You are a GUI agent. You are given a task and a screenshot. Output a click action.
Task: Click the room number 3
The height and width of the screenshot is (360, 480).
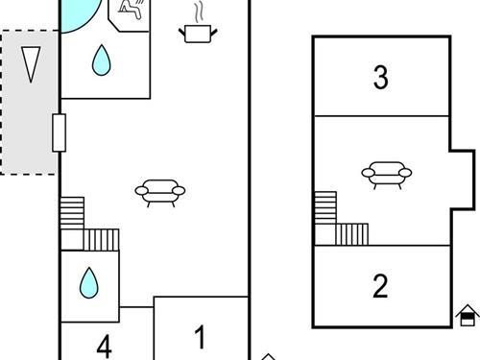coord(381,77)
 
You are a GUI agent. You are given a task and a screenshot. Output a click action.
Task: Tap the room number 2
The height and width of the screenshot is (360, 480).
coord(380,286)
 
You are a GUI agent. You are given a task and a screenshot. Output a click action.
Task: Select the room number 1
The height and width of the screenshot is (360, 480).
coord(200,337)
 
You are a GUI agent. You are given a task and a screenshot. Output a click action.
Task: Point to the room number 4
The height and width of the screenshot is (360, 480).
coord(105,347)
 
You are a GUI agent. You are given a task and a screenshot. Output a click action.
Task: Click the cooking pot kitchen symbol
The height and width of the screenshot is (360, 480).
coord(198,34)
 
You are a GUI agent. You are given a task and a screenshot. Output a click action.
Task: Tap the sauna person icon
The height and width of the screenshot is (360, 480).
coord(131,9)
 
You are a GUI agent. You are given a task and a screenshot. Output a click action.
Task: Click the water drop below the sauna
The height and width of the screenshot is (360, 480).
coord(102,60)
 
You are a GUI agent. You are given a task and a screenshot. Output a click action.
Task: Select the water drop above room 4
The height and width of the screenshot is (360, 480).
coord(89,283)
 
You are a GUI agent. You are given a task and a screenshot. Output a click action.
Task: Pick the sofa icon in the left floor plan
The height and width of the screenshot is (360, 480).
coord(160,193)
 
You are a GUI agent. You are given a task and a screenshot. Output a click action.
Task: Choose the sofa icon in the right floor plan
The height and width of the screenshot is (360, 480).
coord(387,175)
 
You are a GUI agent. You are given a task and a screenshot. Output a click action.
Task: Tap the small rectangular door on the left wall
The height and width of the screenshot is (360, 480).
coord(60,132)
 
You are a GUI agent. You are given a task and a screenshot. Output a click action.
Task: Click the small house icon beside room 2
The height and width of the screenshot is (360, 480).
coord(468,315)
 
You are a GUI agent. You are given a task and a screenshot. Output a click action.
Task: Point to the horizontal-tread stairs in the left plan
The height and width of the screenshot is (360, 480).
coord(72,213)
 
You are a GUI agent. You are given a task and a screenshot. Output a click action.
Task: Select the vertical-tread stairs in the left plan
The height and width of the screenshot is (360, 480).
coord(101,240)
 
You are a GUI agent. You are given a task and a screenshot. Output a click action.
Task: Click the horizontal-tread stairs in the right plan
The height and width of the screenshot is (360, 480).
coord(325,207)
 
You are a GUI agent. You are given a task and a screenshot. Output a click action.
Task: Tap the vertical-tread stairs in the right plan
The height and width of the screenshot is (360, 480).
coord(352,234)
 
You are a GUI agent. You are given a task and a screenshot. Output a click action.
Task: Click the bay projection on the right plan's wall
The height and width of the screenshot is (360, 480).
coord(462,180)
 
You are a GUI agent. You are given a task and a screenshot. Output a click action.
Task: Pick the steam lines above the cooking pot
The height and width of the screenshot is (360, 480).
coord(199,13)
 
